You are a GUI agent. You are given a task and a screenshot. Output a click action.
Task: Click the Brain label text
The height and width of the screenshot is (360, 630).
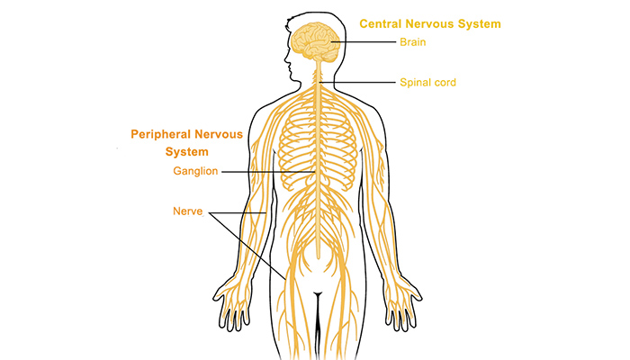[412, 42]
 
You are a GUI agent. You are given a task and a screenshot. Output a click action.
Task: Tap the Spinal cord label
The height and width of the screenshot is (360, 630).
[427, 83]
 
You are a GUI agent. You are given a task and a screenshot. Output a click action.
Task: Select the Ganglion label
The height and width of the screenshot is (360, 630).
[195, 171]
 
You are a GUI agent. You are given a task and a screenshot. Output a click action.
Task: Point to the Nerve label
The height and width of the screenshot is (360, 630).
[187, 211]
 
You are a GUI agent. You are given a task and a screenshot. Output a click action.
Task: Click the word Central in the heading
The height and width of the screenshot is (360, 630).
[381, 23]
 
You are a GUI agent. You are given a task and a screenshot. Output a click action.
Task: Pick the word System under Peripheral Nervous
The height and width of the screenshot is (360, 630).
[187, 152]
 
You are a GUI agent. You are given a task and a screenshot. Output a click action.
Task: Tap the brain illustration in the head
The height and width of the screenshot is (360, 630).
[316, 42]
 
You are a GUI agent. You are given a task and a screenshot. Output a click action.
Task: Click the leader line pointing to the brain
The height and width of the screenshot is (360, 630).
[364, 41]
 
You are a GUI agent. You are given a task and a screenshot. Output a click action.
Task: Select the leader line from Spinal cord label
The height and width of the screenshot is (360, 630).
[357, 83]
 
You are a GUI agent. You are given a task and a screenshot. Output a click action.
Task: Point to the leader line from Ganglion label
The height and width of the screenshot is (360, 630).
[268, 172]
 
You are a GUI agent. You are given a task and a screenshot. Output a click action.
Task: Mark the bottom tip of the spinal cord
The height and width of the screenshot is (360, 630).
[319, 258]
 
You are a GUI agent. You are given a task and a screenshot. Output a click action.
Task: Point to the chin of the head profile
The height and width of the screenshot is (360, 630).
[293, 78]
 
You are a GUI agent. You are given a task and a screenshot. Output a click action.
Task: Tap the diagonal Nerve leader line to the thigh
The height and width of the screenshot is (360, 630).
[247, 246]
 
